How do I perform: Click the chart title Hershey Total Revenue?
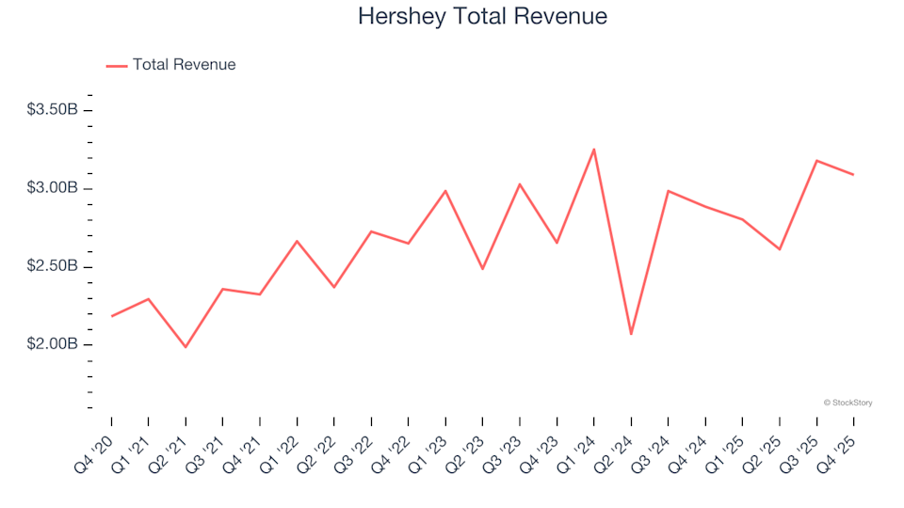[x=482, y=17]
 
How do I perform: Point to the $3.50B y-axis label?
[x=53, y=110]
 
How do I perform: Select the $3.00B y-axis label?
[x=53, y=188]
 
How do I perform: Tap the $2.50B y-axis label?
[x=53, y=266]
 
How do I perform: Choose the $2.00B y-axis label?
[x=53, y=344]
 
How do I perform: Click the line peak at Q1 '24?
[x=593, y=149]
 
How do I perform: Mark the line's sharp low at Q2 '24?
[x=631, y=334]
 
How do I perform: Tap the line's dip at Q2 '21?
[x=186, y=347]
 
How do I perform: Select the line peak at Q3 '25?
[x=816, y=161]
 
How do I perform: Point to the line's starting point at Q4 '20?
[x=112, y=316]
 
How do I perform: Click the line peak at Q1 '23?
[x=445, y=191]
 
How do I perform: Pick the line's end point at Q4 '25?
[x=853, y=174]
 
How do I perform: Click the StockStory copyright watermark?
[x=847, y=403]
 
